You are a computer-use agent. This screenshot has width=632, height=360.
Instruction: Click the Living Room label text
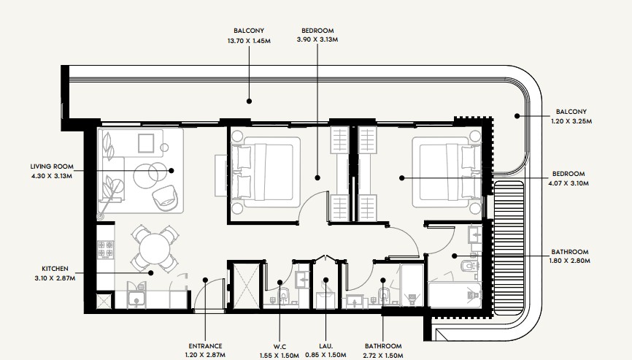click(52, 166)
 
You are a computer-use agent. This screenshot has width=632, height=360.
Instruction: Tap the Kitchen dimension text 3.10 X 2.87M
click(55, 278)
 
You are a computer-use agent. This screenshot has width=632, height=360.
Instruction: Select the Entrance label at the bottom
click(205, 346)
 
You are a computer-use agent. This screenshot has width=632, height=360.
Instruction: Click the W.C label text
click(280, 347)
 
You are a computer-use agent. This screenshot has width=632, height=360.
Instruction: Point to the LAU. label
click(325, 346)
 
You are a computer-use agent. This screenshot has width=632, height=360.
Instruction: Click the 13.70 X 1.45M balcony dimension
click(249, 41)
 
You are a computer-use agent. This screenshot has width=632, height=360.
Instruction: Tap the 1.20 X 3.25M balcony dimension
click(571, 121)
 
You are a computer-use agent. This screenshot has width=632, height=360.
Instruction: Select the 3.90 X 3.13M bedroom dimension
click(317, 39)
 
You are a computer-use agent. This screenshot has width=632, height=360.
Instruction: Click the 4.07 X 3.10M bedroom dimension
click(569, 183)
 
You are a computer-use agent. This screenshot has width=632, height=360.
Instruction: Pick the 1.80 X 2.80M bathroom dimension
click(569, 261)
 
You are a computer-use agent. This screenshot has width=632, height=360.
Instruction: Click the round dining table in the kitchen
click(155, 248)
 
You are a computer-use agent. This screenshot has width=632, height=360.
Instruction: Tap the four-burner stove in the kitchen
click(105, 249)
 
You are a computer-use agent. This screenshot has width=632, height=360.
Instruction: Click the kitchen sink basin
click(136, 299)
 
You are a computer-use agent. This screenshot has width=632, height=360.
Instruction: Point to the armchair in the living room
click(165, 198)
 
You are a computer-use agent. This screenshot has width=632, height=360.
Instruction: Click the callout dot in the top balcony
click(249, 102)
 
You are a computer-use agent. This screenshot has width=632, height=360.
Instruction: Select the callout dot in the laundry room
click(325, 280)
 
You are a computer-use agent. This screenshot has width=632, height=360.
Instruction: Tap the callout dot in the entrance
click(205, 280)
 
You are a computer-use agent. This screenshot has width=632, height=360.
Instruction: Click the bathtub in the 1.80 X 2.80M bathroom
click(455, 296)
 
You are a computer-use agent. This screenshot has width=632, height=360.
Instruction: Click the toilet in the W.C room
click(284, 296)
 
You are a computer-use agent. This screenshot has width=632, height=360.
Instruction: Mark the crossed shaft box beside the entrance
click(245, 286)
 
